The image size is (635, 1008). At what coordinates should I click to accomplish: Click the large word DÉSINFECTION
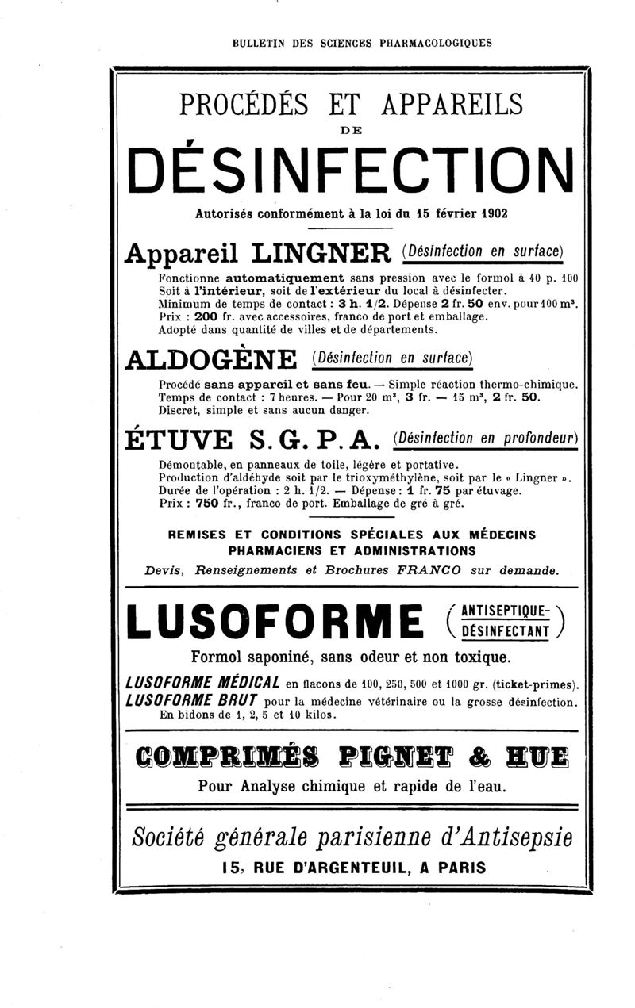click(350, 169)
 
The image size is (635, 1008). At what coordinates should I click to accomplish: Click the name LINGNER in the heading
click(320, 255)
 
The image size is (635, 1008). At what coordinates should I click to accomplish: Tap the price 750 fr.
click(210, 504)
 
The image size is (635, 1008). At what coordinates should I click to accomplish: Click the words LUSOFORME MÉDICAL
click(202, 684)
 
